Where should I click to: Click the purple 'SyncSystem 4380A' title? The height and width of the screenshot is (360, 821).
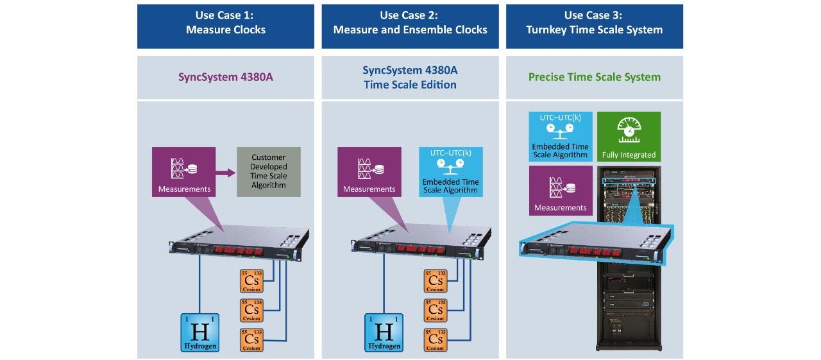click(x=226, y=77)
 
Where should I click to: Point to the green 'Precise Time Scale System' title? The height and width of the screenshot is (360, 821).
click(x=594, y=77)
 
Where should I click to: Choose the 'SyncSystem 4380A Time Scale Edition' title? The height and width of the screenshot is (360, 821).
click(x=410, y=77)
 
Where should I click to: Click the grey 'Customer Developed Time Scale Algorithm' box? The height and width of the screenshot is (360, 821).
click(x=269, y=171)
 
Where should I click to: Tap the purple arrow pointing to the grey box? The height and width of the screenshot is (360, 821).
click(x=225, y=172)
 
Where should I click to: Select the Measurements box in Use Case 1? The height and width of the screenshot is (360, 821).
click(x=184, y=171)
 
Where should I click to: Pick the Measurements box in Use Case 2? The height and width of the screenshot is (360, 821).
click(x=369, y=171)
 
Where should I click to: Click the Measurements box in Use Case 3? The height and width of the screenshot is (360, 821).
click(x=561, y=191)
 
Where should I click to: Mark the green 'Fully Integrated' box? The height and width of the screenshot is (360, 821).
click(x=629, y=137)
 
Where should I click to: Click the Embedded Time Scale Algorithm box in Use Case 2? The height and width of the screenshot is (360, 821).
click(x=451, y=171)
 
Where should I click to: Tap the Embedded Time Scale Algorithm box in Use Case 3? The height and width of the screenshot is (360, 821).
click(x=560, y=137)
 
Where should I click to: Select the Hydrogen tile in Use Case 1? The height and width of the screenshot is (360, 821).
click(x=199, y=332)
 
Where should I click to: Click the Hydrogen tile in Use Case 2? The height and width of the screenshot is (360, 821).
click(x=384, y=332)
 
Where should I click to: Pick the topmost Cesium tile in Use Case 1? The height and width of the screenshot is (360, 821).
click(x=251, y=281)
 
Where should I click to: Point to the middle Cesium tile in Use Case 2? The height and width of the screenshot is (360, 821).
click(x=436, y=310)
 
